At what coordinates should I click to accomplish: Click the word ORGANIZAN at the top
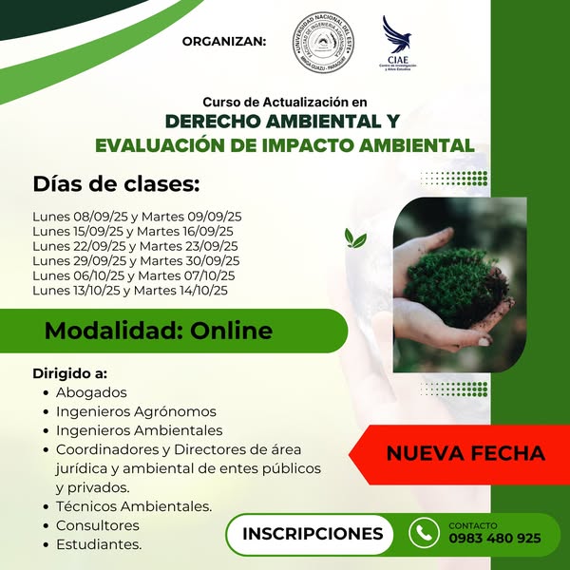pos(224,41)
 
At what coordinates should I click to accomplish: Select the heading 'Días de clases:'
pos(116,182)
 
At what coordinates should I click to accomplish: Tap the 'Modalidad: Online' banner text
pos(158,331)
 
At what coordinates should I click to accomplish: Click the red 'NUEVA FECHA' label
pos(465,453)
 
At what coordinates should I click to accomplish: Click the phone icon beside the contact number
pos(422,532)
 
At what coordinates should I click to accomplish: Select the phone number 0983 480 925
pos(494,538)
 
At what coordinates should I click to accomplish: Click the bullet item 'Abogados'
pos(91,392)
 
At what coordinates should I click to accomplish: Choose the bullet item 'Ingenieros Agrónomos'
pos(136,411)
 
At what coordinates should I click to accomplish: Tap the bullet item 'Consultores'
pos(98,525)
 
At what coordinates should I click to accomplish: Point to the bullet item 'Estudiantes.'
pos(99,544)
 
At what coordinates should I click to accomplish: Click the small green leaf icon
pos(355,237)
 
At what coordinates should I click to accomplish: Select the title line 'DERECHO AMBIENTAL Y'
pos(282,123)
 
